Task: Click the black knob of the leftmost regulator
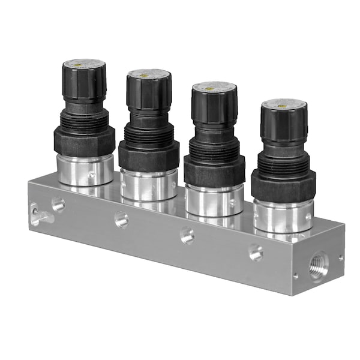(83, 81)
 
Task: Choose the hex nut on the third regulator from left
(214, 170)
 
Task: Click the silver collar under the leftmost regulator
(85, 170)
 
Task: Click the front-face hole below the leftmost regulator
(58, 205)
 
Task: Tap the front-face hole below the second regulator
(122, 220)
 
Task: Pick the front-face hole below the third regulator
(188, 236)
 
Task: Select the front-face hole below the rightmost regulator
(256, 253)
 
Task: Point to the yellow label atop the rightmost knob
(284, 103)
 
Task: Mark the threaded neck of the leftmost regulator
(84, 120)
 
